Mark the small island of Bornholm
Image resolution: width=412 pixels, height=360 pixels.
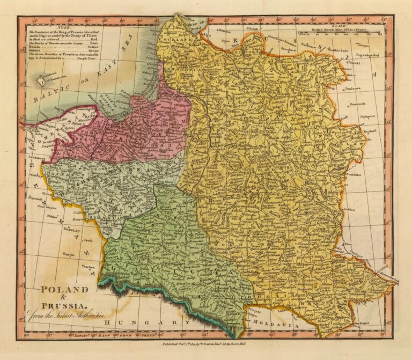point(42,81)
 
